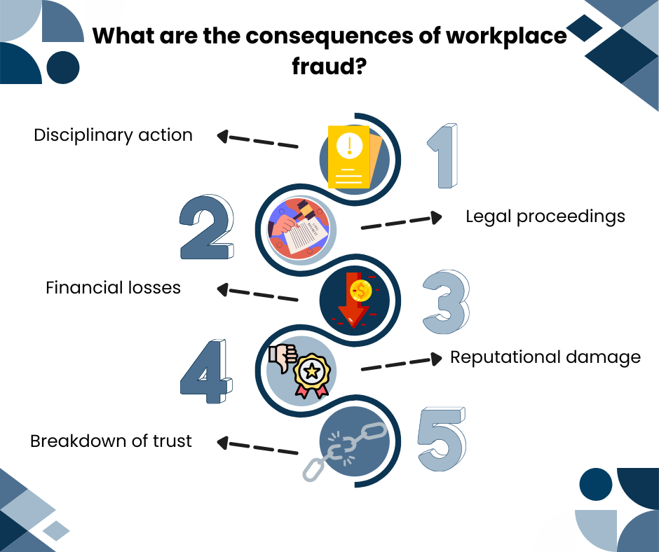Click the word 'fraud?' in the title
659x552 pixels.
click(x=329, y=67)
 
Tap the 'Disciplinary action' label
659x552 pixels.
click(x=113, y=134)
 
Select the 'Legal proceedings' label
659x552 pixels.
click(x=545, y=216)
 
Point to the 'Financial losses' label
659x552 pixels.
click(x=113, y=287)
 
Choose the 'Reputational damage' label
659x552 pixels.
click(x=545, y=357)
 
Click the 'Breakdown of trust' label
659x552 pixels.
click(x=111, y=441)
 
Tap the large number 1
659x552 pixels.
click(x=443, y=156)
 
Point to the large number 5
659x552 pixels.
click(x=442, y=440)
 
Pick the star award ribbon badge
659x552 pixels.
click(x=313, y=376)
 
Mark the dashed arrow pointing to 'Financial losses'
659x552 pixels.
click(x=257, y=293)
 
